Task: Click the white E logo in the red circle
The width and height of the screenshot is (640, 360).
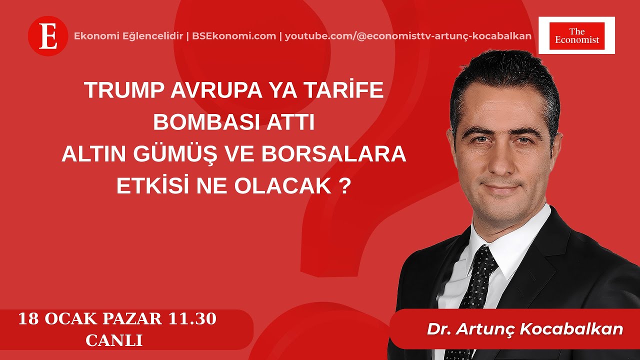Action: coord(48,36)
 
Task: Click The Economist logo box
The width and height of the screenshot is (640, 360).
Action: coord(576,35)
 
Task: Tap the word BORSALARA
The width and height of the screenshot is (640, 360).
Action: coord(333,154)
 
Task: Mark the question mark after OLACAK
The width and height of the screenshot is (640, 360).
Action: coord(342,186)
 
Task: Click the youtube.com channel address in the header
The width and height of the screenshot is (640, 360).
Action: coord(408,36)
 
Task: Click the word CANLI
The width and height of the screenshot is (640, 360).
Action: coord(114,340)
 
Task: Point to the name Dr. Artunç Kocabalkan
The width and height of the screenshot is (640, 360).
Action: coord(524,329)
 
